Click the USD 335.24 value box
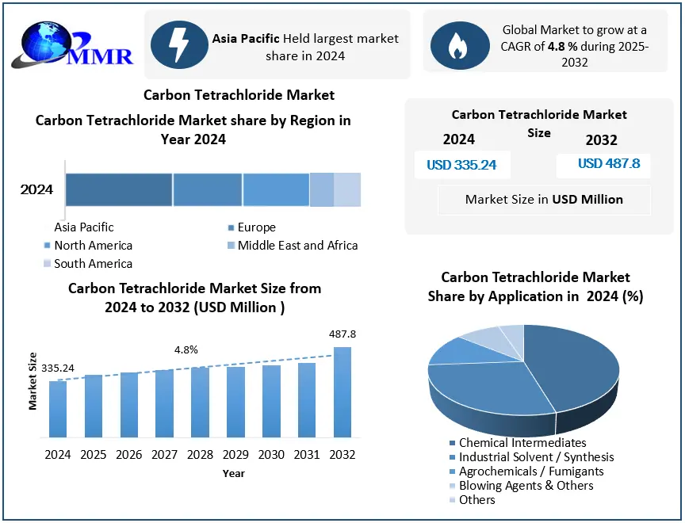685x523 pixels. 462,165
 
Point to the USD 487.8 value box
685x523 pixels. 603,165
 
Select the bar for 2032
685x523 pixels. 342,392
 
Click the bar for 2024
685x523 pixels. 58,409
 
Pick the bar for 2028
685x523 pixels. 200,402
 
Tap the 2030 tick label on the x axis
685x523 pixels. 271,455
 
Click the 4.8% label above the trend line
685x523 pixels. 186,349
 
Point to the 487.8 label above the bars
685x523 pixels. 342,334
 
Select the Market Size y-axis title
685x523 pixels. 33,380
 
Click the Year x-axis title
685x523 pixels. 233,473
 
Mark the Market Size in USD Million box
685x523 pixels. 544,200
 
